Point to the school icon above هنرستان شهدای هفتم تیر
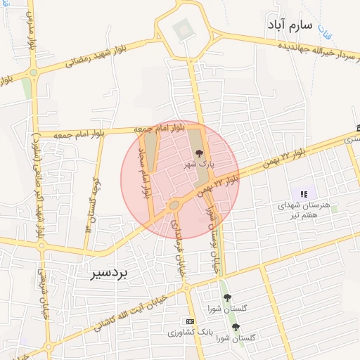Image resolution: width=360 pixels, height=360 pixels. click(304, 193)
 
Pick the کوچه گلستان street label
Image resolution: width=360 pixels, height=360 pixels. click(89, 205)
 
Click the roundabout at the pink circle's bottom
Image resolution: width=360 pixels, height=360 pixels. click(173, 205)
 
